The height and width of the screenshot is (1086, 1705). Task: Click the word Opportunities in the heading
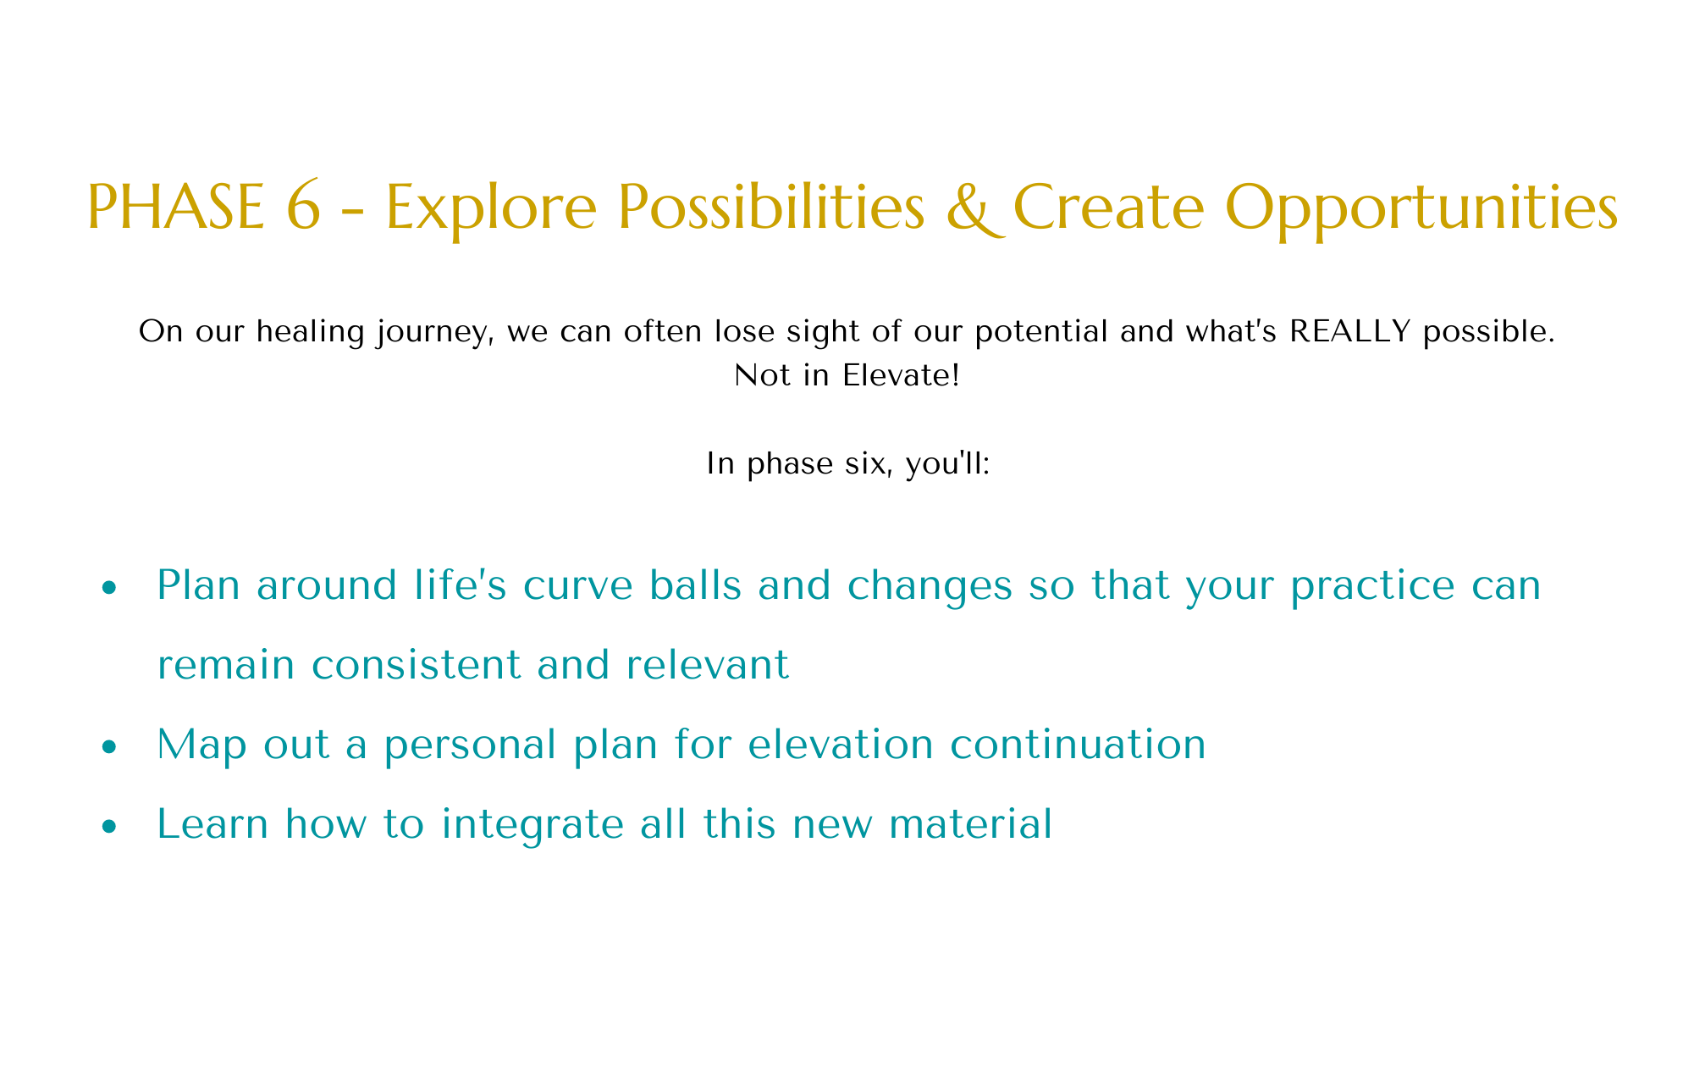point(1421,210)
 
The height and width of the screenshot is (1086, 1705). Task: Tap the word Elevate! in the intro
point(901,375)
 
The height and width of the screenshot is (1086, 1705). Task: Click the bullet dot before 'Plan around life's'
point(108,588)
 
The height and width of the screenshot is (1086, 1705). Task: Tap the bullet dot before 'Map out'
point(108,747)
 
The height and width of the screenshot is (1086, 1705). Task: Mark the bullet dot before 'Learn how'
point(108,827)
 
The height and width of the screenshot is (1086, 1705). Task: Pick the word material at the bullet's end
point(971,824)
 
